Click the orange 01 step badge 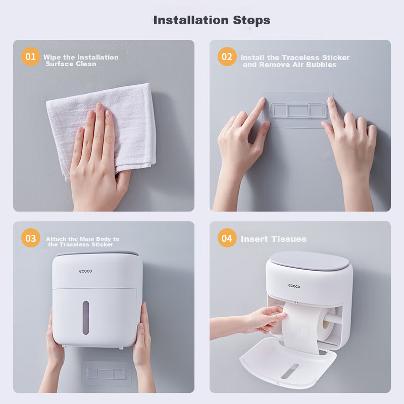[x=31, y=57]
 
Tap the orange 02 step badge [x=227, y=57]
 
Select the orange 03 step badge [x=31, y=238]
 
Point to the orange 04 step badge [x=227, y=238]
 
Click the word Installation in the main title [x=191, y=20]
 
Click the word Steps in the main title [x=251, y=21]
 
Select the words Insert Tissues [x=273, y=239]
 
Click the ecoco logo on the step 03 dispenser [x=85, y=271]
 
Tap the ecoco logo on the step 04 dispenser [x=294, y=286]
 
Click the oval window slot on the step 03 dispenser [x=86, y=318]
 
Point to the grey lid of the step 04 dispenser [x=310, y=261]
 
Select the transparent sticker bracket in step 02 [x=298, y=111]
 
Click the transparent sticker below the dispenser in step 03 [x=107, y=374]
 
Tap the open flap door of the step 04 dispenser [x=287, y=363]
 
